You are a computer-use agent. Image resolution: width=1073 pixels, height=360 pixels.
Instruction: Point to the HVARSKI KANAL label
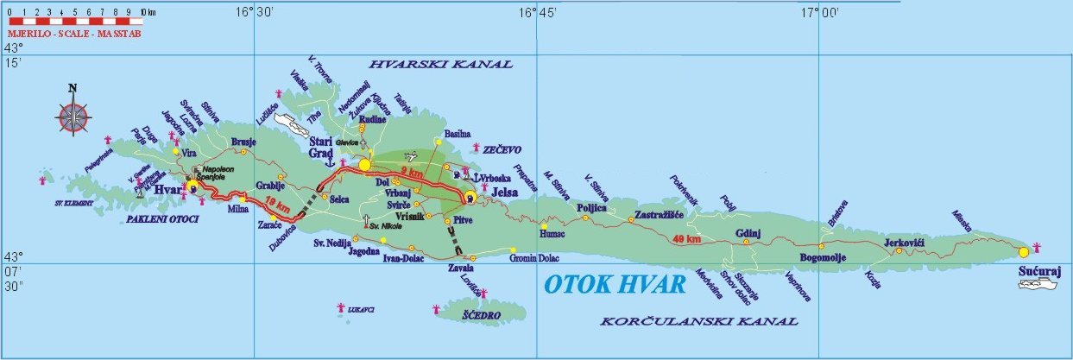pos(440,65)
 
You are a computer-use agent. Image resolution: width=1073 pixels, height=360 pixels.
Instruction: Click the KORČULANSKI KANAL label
pos(698,322)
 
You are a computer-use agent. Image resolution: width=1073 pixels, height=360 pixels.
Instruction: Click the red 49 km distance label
pos(688,239)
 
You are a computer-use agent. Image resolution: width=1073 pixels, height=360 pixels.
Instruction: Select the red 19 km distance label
pos(278,205)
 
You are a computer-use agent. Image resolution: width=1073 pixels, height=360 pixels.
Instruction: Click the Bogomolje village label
pos(826,258)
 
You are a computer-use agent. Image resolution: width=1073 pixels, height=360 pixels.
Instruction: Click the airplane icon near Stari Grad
pos(409,156)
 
